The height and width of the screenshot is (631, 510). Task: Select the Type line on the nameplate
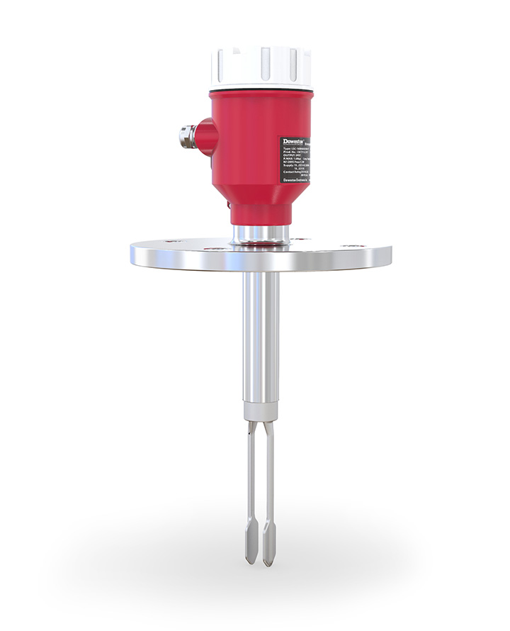click(x=296, y=151)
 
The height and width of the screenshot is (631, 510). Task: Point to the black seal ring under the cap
click(x=261, y=91)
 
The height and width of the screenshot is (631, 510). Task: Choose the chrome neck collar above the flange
click(x=261, y=233)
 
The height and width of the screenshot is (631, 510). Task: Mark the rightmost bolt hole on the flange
click(x=352, y=243)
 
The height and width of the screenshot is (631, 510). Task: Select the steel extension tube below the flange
click(x=260, y=333)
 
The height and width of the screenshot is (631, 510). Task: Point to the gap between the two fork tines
click(x=260, y=482)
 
